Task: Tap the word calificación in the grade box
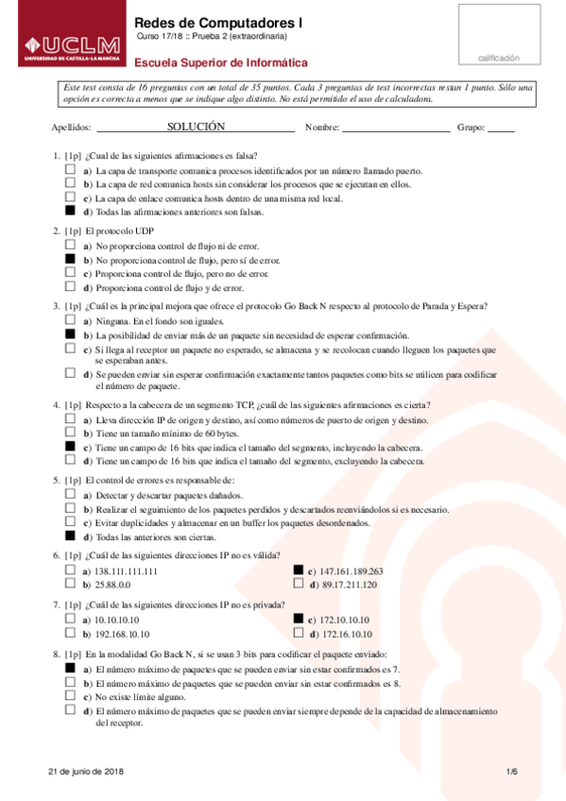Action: click(498, 58)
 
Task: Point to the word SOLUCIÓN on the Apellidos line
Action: click(196, 126)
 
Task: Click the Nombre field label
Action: click(322, 127)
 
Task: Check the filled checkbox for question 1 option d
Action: click(70, 212)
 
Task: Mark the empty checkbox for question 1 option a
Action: click(70, 171)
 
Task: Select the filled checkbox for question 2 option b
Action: click(70, 259)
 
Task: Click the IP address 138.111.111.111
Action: click(126, 571)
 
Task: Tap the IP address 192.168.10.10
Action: click(123, 634)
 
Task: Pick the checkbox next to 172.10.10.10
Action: click(299, 619)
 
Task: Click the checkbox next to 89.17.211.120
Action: click(299, 585)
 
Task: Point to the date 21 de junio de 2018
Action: click(86, 772)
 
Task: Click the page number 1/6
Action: click(511, 772)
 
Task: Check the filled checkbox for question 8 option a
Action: click(70, 667)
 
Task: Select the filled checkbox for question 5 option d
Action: click(70, 537)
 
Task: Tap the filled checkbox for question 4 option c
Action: click(70, 447)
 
